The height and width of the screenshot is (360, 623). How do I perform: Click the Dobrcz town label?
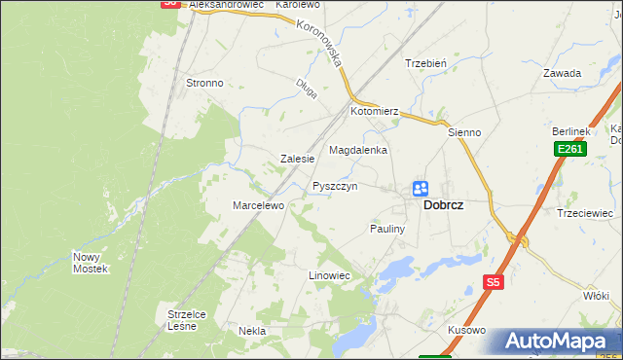[x=443, y=206]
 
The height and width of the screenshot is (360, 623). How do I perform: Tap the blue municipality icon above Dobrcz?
[x=421, y=188]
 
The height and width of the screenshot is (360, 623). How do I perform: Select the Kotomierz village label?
[x=376, y=112]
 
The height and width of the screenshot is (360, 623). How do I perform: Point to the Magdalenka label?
[x=358, y=151]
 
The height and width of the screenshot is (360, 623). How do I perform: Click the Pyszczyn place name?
[x=335, y=186]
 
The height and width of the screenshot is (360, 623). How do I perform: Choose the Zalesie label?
[x=297, y=159]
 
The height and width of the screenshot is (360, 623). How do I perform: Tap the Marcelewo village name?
[x=257, y=206]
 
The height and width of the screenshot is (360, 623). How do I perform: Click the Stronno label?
[x=204, y=84]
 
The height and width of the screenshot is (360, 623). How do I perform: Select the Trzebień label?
[x=425, y=63]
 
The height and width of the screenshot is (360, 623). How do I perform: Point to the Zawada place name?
[x=563, y=73]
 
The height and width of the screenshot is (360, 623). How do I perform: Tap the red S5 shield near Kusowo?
[x=493, y=282]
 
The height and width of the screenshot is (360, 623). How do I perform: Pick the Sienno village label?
[x=464, y=131]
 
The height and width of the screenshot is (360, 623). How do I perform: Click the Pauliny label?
[x=389, y=229]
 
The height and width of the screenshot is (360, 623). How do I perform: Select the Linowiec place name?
[x=329, y=276]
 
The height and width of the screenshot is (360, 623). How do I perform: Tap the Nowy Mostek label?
[x=90, y=263]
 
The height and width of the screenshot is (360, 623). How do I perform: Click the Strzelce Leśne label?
[x=182, y=320]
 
